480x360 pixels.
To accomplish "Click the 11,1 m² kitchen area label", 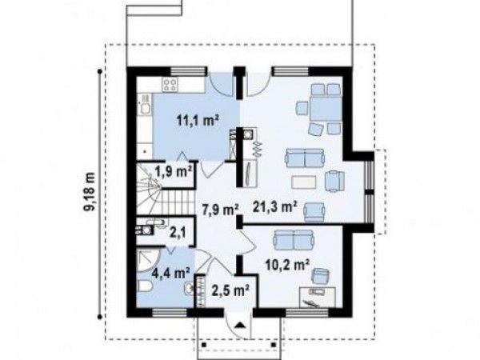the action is (198, 121).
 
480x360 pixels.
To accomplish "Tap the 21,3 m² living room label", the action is (275, 206).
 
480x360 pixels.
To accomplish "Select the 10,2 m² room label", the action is (287, 265).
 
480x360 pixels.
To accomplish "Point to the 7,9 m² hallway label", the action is (221, 210).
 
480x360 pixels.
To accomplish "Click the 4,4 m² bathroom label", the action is (171, 273).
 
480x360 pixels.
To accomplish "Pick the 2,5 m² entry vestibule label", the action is (230, 290).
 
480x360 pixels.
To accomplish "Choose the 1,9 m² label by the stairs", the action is (174, 172).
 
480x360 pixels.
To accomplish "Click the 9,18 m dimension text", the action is (90, 192).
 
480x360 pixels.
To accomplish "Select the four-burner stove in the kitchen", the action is (170, 84).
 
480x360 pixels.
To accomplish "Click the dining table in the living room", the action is (326, 109).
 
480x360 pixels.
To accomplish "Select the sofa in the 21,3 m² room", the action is (305, 158).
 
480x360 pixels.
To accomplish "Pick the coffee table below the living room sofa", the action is (304, 182).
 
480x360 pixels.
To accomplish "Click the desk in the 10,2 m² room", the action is (318, 297).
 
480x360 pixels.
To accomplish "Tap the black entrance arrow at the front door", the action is (240, 325).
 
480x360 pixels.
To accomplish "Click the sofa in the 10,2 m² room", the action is (294, 240).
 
